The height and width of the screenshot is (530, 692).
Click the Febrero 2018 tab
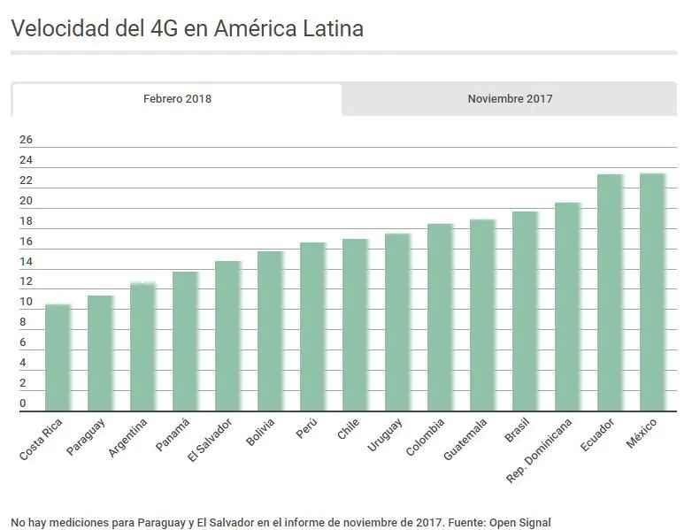[x=177, y=99]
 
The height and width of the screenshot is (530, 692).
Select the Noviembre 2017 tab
[x=510, y=99]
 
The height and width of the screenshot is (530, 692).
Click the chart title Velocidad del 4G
[x=187, y=28]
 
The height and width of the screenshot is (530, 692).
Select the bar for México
[x=652, y=292]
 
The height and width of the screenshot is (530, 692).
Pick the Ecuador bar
[x=610, y=293]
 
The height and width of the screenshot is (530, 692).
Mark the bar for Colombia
[x=440, y=318]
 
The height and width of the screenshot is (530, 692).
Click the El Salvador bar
[x=228, y=336]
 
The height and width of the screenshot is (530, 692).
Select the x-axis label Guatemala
[x=465, y=439]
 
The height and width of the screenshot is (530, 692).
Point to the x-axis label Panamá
[x=173, y=434]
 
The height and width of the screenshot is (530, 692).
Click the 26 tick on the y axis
[x=26, y=140]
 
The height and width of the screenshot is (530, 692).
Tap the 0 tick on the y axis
[x=23, y=403]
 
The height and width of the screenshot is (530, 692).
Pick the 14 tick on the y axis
[x=26, y=262]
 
